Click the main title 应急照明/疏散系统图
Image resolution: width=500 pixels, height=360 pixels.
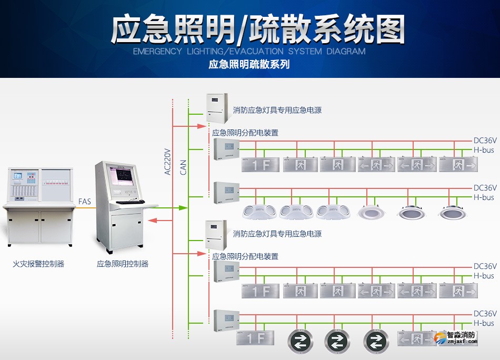pos(258,29)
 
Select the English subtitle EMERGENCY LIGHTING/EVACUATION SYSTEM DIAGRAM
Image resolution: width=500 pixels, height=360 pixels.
pos(249,52)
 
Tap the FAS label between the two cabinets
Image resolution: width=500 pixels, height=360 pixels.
pos(84,202)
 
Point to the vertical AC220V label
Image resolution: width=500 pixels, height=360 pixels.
pos(168,162)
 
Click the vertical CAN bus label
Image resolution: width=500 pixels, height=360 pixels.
pos(184,167)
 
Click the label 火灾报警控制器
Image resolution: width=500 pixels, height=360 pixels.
pos(38,264)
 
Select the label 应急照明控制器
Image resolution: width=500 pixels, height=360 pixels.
pos(123,264)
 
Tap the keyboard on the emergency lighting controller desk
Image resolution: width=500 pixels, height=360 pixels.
pos(130,202)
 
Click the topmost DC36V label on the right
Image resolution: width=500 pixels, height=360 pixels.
pos(485,141)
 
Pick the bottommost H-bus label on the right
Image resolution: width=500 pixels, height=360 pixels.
pos(484,323)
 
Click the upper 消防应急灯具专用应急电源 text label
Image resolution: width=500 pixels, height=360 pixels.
pos(277,111)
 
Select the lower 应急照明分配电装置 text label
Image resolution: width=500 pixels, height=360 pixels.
pos(245,256)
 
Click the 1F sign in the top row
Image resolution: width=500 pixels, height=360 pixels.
pos(261,165)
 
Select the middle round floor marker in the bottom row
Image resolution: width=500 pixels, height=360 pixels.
pos(337,341)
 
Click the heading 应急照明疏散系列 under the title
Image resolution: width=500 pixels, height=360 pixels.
pos(249,65)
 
